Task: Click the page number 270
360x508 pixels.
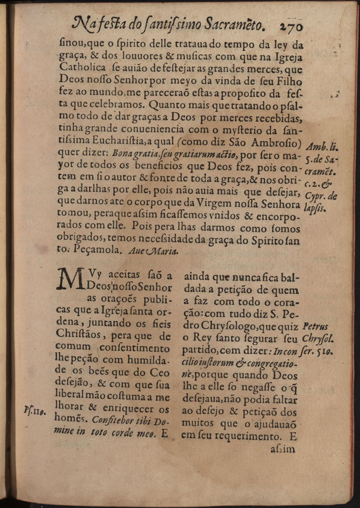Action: (291, 25)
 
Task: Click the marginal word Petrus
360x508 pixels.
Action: (316, 326)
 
